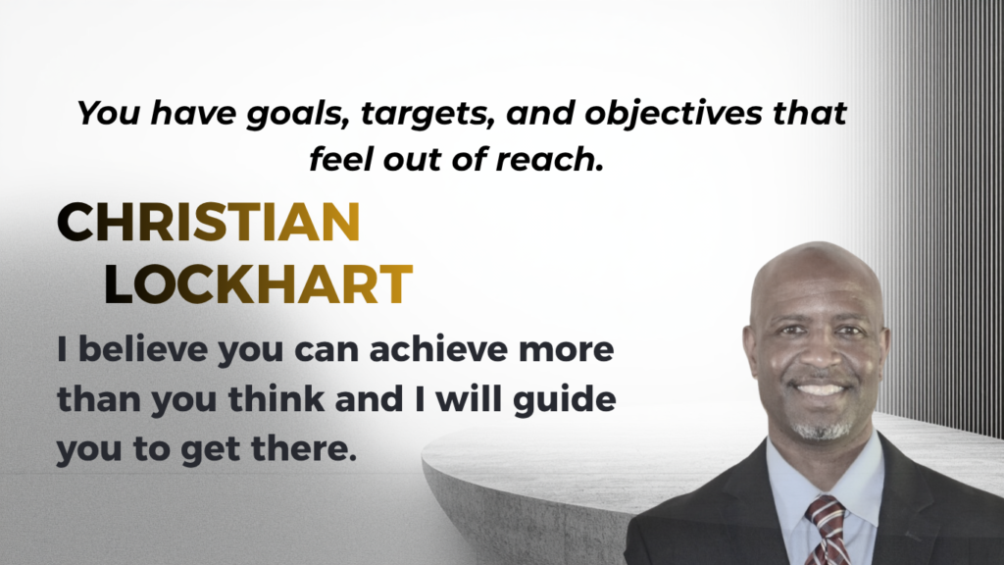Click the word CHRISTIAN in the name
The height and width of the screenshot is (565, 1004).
209,223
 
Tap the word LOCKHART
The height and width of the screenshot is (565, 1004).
258,283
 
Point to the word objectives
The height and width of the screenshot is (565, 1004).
673,114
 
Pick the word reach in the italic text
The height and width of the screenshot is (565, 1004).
549,160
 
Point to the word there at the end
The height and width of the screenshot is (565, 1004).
304,448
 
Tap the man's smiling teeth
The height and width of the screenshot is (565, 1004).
821,388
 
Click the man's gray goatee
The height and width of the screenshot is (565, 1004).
823,428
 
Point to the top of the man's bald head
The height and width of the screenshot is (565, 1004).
817,243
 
